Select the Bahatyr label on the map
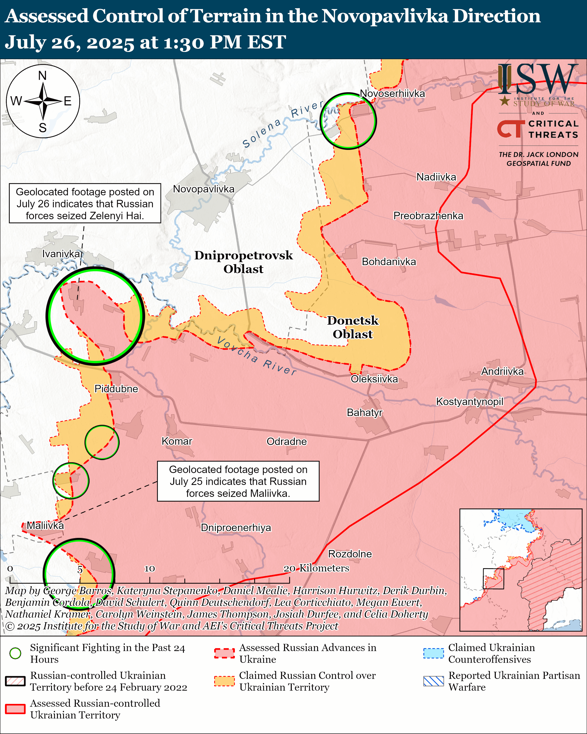tap(364, 412)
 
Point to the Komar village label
tap(177, 441)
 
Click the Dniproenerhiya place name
tap(236, 528)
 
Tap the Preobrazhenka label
tap(428, 216)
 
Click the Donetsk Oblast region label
tap(353, 327)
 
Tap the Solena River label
tap(282, 124)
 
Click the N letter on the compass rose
tap(42, 76)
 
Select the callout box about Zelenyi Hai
tap(85, 204)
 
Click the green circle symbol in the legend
tap(15, 653)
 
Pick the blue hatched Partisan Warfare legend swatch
tap(433, 681)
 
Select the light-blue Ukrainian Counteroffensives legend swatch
tap(433, 653)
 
